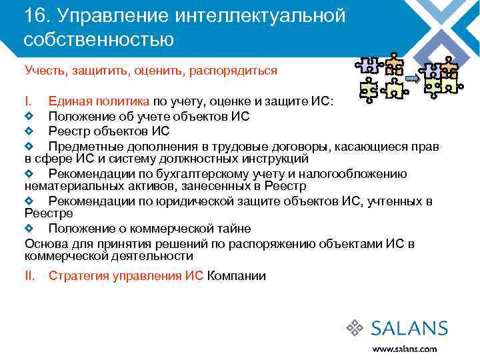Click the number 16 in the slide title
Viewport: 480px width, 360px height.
pos(33,15)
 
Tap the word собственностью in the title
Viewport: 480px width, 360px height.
pos(99,39)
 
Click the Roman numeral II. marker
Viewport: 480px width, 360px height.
pos(31,276)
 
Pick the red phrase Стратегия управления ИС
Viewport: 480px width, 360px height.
pos(127,276)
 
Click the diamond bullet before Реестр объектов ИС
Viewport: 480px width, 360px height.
pos(29,131)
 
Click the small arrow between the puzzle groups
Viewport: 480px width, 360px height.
pos(411,79)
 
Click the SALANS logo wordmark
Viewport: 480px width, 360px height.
pos(409,328)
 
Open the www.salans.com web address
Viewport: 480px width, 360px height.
pos(404,349)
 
